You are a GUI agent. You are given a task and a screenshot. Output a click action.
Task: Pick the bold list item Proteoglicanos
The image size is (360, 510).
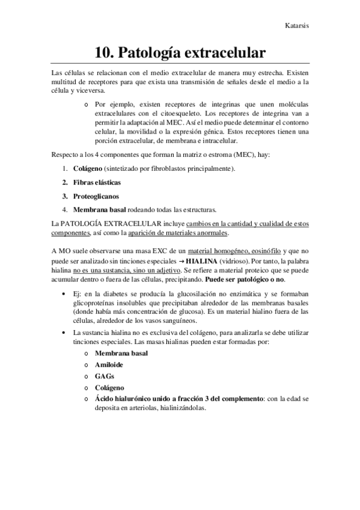coord(96,196)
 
